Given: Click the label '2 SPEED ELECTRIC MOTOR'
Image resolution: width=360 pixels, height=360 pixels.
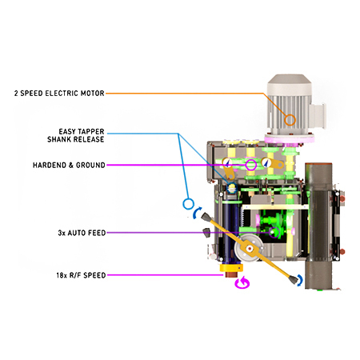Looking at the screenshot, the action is click(x=59, y=94).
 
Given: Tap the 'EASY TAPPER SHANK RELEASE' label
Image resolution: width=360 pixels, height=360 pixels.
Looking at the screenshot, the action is click(x=76, y=135).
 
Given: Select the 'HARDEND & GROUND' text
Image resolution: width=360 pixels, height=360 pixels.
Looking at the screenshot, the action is click(x=69, y=166).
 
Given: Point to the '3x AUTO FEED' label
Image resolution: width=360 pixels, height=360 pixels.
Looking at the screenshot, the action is click(x=82, y=233).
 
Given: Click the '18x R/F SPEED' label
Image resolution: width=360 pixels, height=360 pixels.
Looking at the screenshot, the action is click(x=81, y=275).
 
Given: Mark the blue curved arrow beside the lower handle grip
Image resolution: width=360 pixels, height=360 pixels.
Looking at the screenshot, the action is click(x=301, y=281).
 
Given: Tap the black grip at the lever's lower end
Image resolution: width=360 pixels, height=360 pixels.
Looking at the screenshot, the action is click(x=293, y=280).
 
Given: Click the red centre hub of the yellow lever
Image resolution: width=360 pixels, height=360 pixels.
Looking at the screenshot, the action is click(x=250, y=249).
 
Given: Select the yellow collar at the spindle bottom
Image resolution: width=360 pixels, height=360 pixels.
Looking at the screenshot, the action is click(x=231, y=268).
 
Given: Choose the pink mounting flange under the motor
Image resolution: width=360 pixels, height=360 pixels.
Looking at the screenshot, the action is click(x=290, y=139).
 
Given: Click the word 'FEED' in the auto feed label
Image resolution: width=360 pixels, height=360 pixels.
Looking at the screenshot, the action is click(x=97, y=233).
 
